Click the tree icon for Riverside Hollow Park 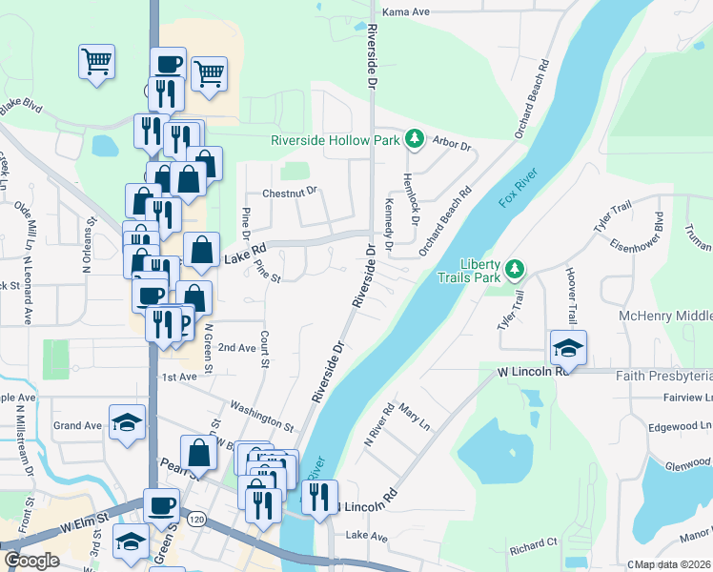(x=415, y=140)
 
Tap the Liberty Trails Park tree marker (x=514, y=269)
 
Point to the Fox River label (x=519, y=189)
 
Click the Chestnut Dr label (x=289, y=193)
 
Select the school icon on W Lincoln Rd (x=568, y=348)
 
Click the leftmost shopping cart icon (x=96, y=62)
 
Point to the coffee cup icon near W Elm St (x=161, y=504)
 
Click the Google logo (x=31, y=560)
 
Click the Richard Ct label (x=533, y=547)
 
